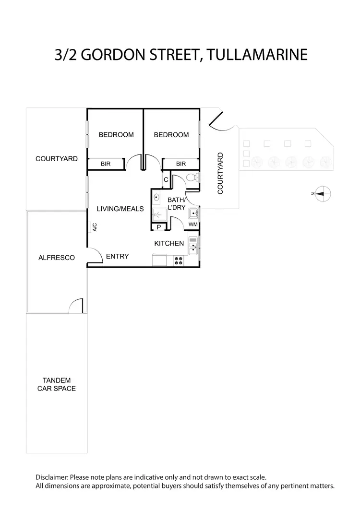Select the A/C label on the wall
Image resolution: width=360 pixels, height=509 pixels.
point(95,227)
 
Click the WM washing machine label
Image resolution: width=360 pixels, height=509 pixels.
point(193,224)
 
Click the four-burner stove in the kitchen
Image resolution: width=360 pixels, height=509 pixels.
point(179,260)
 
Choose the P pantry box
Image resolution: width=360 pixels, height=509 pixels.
point(158,227)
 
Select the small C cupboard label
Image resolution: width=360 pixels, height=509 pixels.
point(166,179)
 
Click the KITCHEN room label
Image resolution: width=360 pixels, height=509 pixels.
point(169,244)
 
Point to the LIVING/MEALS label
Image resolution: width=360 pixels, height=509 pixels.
point(120,209)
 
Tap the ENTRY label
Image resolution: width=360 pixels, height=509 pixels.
point(118,256)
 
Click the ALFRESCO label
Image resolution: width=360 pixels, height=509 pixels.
point(57,258)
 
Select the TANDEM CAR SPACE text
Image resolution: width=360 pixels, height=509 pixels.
point(57,384)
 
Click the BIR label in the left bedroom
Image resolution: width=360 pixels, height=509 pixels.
point(106,164)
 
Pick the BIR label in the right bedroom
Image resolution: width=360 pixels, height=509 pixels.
point(181,164)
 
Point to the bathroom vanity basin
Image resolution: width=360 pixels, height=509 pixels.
point(157,198)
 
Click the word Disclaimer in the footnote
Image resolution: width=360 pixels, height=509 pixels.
point(52,477)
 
